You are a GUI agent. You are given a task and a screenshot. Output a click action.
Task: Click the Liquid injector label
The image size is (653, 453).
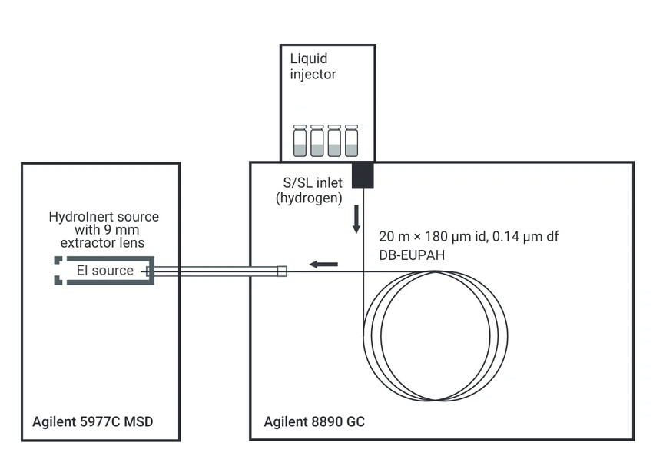click(313, 66)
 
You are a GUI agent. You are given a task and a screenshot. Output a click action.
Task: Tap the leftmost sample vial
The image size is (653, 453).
click(300, 141)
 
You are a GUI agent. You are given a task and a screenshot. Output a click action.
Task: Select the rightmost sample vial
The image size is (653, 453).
click(352, 141)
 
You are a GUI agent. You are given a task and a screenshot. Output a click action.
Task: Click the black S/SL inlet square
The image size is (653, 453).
click(363, 175)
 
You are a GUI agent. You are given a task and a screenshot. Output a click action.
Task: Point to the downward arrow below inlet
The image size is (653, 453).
click(356, 219)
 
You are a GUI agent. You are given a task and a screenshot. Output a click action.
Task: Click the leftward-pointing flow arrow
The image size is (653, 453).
click(323, 265)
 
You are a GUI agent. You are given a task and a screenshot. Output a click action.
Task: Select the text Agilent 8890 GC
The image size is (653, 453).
click(314, 422)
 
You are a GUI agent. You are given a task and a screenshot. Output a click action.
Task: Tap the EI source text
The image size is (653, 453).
click(105, 271)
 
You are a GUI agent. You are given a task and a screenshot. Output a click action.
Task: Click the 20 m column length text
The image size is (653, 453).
click(393, 236)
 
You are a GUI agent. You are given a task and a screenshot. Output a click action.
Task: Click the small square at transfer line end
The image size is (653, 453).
click(282, 271)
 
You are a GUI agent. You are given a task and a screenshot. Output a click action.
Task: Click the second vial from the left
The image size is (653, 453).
click(317, 141)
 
